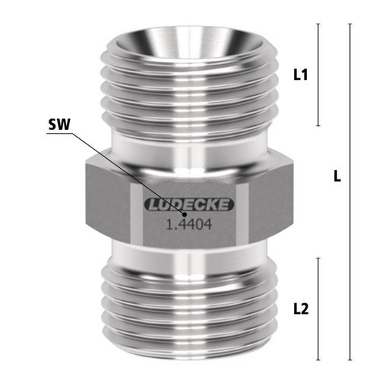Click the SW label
59,125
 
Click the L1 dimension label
301,74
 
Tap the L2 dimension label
301,309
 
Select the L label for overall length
337,176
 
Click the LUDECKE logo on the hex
188,204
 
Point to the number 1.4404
189,224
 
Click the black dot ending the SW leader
185,214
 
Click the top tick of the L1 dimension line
318,24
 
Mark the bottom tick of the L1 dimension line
318,125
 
